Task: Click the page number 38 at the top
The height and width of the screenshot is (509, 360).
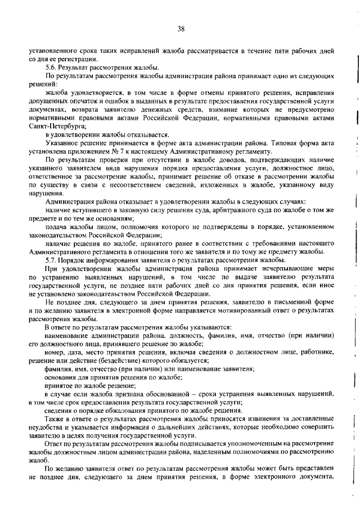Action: pos(181,28)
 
